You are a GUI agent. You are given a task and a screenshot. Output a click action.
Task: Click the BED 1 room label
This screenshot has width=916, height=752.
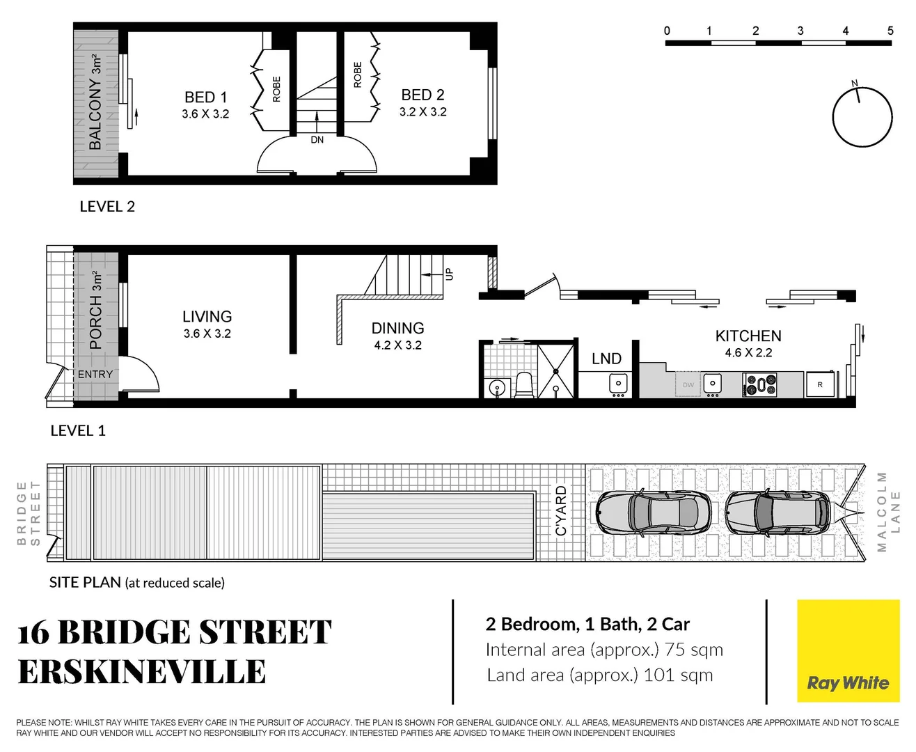(x=205, y=97)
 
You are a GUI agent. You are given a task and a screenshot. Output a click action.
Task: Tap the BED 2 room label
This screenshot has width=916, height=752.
(x=423, y=95)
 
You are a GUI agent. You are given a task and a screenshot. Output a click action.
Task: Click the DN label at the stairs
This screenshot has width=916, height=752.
(x=317, y=140)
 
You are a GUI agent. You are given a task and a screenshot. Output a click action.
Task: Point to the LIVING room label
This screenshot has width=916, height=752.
(x=207, y=317)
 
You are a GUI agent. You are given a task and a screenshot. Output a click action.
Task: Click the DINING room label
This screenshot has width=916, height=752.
(x=397, y=328)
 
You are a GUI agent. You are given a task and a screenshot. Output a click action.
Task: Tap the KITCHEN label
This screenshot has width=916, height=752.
(x=748, y=336)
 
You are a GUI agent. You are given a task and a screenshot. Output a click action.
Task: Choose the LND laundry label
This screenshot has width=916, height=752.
(x=606, y=359)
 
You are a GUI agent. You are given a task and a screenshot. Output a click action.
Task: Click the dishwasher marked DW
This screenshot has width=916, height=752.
(x=688, y=384)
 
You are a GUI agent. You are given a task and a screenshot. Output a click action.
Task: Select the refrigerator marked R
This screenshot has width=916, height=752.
(x=820, y=384)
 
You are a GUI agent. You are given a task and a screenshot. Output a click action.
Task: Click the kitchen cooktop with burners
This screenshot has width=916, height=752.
(x=760, y=384)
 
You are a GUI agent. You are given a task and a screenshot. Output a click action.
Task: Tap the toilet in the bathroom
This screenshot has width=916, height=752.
(x=523, y=385)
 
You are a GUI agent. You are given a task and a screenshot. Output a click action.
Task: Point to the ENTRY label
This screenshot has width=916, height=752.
(x=95, y=375)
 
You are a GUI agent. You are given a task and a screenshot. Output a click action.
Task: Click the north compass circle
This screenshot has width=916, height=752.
(x=862, y=117)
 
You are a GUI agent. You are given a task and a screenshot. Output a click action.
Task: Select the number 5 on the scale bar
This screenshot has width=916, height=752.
(x=890, y=31)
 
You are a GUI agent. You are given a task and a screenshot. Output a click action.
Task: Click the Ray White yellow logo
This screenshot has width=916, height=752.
(x=848, y=651)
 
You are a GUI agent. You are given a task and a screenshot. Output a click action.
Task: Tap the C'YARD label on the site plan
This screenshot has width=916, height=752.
(x=561, y=512)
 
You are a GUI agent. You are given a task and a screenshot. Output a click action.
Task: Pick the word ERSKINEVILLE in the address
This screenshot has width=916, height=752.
(x=142, y=672)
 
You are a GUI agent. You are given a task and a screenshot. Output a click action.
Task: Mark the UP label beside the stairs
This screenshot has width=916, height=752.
(x=449, y=274)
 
